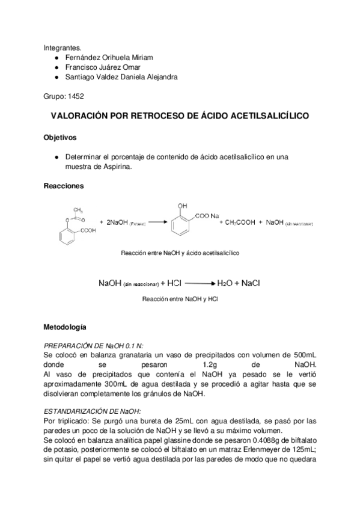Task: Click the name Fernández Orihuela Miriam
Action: [x=109, y=57]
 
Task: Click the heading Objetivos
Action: [x=60, y=137]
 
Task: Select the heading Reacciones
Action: [x=64, y=186]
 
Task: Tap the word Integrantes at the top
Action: [x=62, y=47]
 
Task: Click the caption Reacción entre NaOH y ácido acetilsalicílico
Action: [x=180, y=253]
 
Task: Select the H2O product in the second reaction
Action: [x=225, y=283]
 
